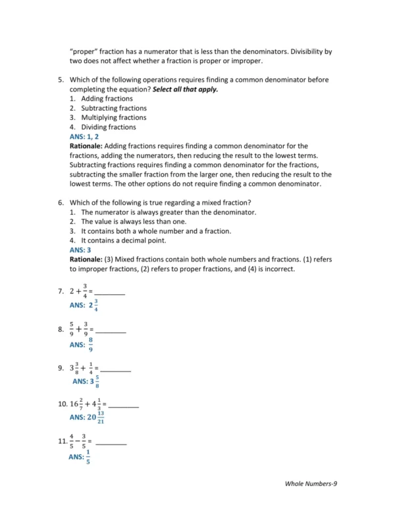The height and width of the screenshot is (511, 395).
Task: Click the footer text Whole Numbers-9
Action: pyautogui.click(x=311, y=484)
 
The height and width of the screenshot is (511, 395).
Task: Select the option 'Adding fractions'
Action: pyautogui.click(x=107, y=99)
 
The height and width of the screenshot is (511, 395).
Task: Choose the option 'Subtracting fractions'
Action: pyautogui.click(x=113, y=108)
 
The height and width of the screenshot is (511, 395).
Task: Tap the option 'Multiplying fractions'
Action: pyautogui.click(x=113, y=118)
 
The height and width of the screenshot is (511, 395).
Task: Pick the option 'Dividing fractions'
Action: pyautogui.click(x=108, y=127)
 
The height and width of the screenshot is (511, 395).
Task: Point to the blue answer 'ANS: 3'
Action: pyautogui.click(x=80, y=250)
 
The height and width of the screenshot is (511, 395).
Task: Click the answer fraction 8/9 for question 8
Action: pyautogui.click(x=91, y=344)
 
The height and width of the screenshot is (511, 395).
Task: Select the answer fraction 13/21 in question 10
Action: pyautogui.click(x=101, y=417)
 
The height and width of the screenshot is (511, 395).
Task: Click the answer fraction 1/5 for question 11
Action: pyautogui.click(x=88, y=457)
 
